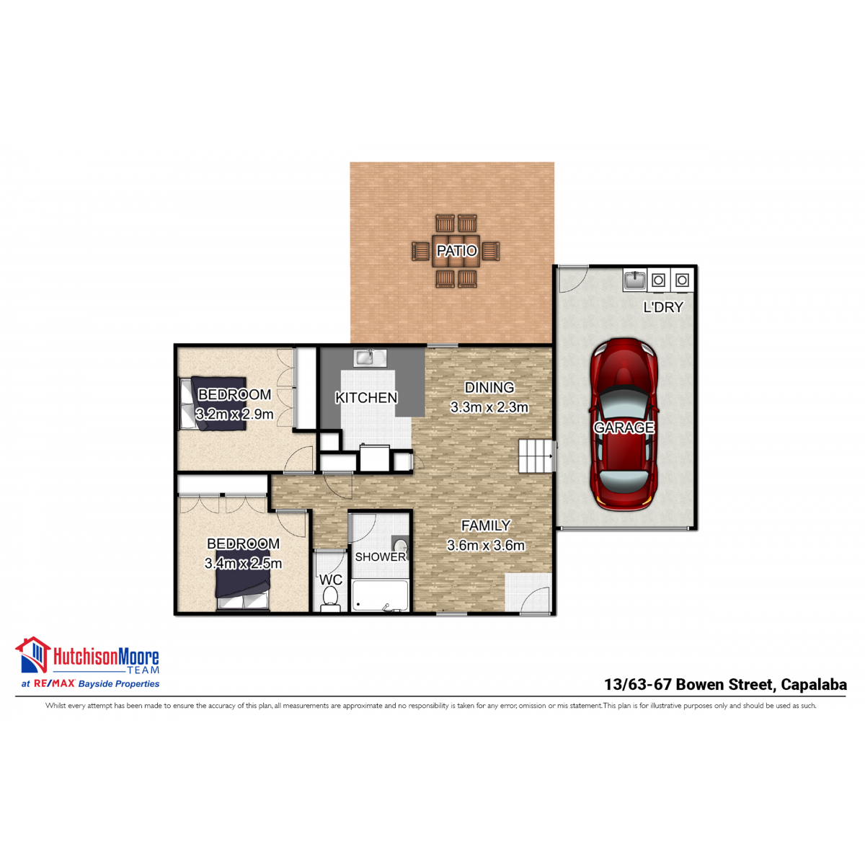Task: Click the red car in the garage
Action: click(623, 424)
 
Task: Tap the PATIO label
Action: click(456, 250)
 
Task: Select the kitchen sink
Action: click(370, 358)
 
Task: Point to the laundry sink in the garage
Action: click(635, 280)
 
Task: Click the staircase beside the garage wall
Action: click(536, 456)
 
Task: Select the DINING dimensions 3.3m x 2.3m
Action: click(489, 407)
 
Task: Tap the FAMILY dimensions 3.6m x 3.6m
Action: click(485, 545)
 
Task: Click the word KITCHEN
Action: click(366, 397)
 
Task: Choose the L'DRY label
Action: click(662, 307)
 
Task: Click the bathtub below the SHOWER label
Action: click(380, 595)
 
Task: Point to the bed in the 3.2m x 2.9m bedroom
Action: click(213, 404)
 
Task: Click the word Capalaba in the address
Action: click(813, 685)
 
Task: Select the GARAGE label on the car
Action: click(623, 427)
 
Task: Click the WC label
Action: click(330, 580)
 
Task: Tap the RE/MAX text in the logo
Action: click(54, 683)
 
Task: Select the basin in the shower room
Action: click(399, 546)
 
